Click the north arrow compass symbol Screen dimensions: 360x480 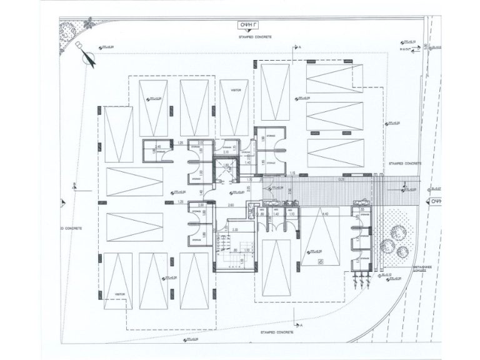87,55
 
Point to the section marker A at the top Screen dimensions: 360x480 299,47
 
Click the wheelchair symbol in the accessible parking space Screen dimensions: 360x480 319,262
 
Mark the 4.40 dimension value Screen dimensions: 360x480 324,214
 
